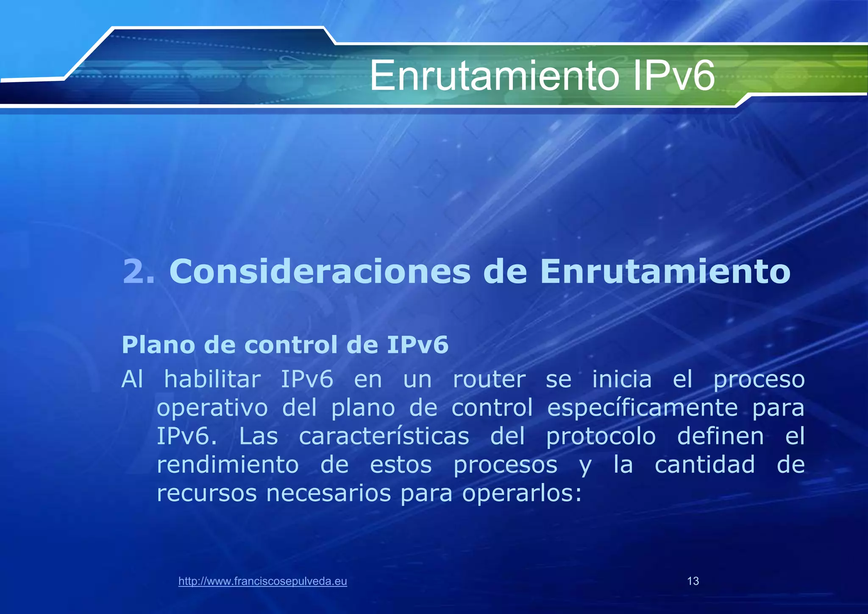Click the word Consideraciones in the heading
pos(320,271)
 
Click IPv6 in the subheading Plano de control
pos(417,345)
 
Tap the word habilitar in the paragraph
pos(212,379)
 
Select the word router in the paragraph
pos(489,379)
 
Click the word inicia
pos(622,379)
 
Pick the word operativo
pos(212,408)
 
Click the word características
pos(384,436)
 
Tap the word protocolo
pos(601,436)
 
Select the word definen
pos(721,436)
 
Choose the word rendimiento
pos(228,465)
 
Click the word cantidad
pos(705,465)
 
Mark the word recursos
pos(207,493)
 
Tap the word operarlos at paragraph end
pos(522,493)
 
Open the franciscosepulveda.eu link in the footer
pos(263,581)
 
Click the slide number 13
pos(693,581)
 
